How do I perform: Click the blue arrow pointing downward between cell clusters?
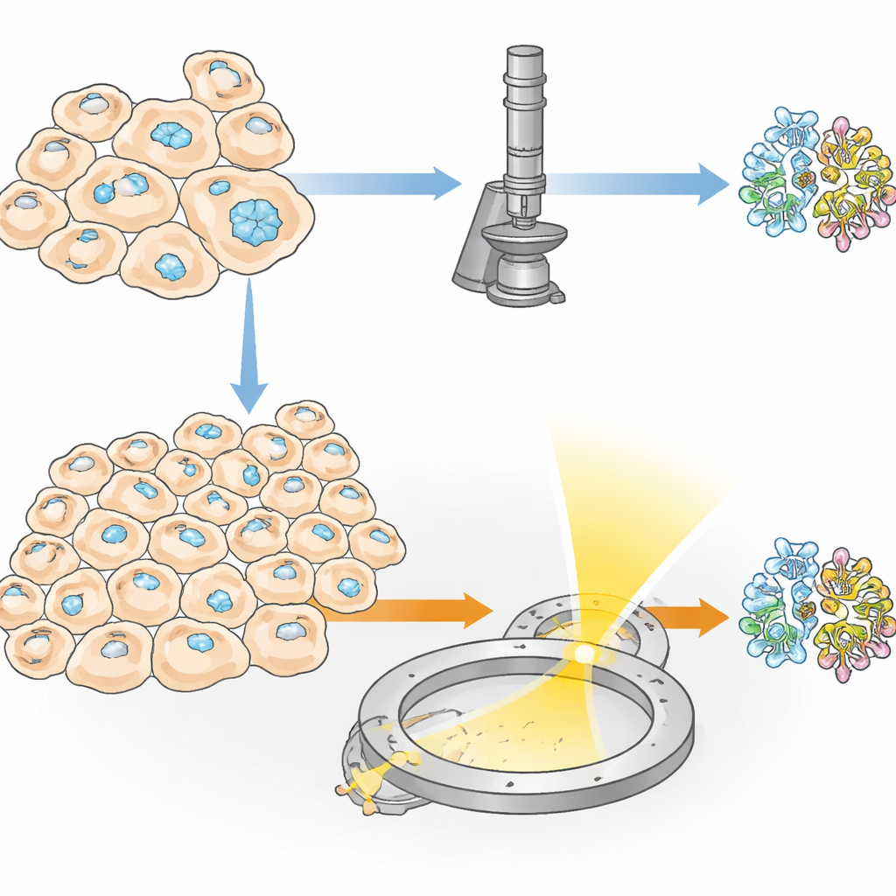pyautogui.click(x=249, y=341)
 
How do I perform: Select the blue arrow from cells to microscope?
pyautogui.click(x=376, y=183)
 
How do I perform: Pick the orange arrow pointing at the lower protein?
pyautogui.click(x=691, y=617)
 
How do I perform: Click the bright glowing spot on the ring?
pyautogui.click(x=580, y=652)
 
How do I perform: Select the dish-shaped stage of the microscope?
pyautogui.click(x=524, y=234)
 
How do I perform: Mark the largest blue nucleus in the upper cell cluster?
pyautogui.click(x=255, y=220)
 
